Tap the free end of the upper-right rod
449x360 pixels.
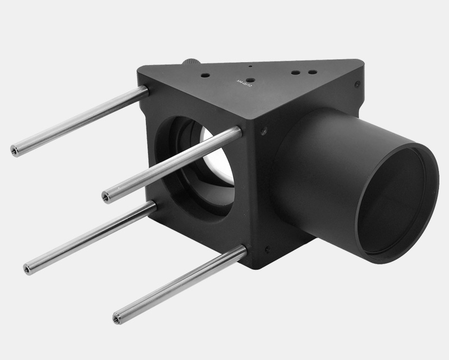coord(106,197)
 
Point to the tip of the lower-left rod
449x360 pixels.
coord(27,270)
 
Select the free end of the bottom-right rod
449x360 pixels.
coord(116,319)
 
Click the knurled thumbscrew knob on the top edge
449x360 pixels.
coord(191,61)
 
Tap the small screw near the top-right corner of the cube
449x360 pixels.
coord(358,84)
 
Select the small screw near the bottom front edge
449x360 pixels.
coord(268,248)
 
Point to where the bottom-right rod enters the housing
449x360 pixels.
coord(242,251)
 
